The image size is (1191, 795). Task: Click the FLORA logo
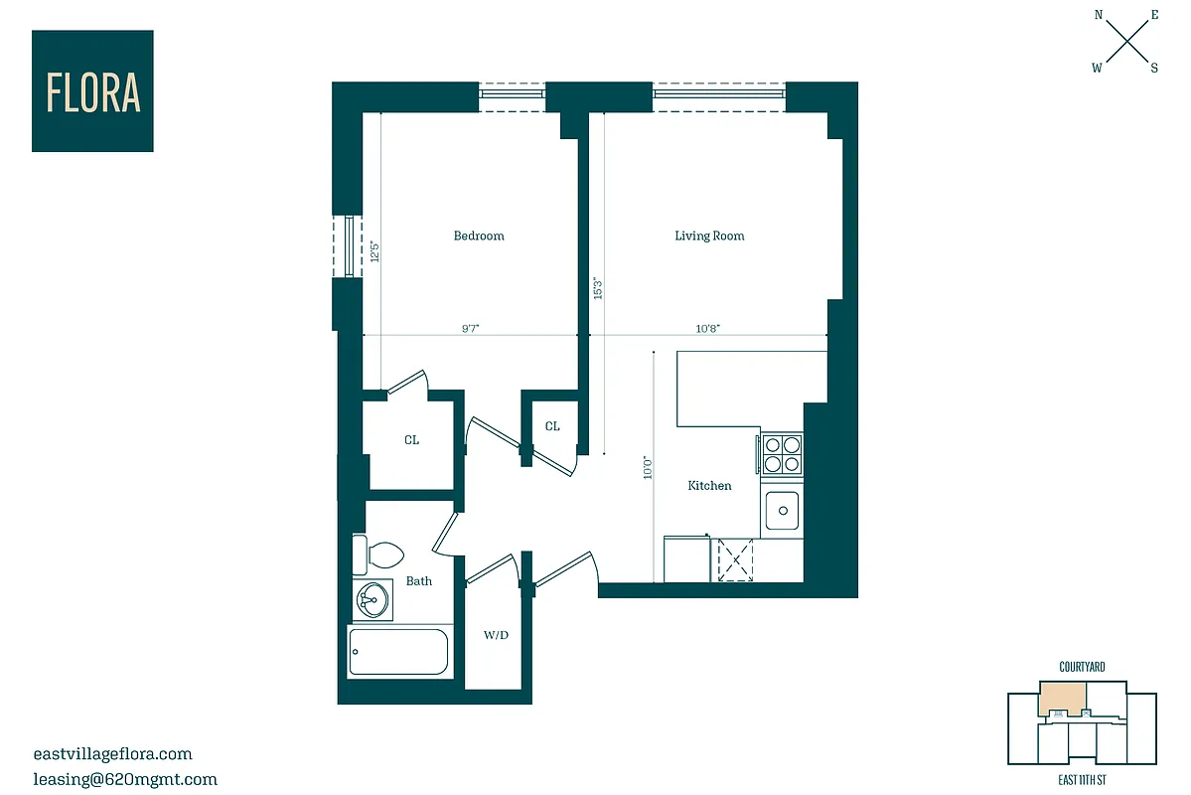[x=92, y=91]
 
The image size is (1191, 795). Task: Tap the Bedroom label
[x=479, y=237]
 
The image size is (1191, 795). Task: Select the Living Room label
[x=709, y=237]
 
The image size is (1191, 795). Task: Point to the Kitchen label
[x=709, y=486]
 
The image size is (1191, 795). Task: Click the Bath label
[x=419, y=581]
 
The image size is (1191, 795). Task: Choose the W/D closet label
[x=496, y=635]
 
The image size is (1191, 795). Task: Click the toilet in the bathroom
[x=376, y=555]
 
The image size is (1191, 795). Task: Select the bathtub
[x=398, y=652]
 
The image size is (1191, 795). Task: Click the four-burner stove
[x=782, y=454]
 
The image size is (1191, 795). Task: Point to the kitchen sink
[x=783, y=511]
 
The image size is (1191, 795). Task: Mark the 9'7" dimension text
[x=471, y=329]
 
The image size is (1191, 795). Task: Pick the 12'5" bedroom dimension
[x=374, y=250]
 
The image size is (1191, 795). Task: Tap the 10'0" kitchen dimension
[x=647, y=467]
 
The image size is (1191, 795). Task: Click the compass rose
[x=1126, y=41]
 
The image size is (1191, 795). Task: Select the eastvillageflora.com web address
[x=112, y=754]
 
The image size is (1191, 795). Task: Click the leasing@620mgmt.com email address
[x=124, y=780]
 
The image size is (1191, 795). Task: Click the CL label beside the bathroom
[x=411, y=440]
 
